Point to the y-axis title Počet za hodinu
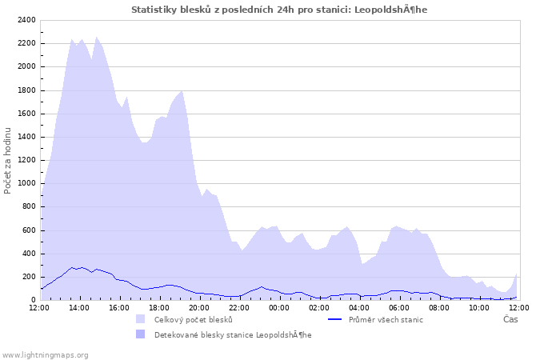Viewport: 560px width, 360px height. point(8,160)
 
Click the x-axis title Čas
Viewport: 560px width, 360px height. point(510,319)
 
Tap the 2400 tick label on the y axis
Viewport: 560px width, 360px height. point(26,20)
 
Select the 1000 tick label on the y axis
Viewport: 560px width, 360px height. point(26,183)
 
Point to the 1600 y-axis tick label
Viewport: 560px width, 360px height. point(26,114)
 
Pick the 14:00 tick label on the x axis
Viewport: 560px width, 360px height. point(79,307)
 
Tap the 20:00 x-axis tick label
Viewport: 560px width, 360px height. point(199,307)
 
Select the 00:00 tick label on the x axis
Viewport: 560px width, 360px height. point(279,307)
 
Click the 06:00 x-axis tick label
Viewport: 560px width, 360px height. point(399,307)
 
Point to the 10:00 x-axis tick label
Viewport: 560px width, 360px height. point(479,307)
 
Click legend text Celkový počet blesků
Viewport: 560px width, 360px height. point(193,320)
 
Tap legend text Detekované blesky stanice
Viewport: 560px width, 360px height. point(232,334)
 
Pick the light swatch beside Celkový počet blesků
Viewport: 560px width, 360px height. point(142,320)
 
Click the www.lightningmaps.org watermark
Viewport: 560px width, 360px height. point(45,354)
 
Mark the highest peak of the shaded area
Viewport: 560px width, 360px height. point(97,37)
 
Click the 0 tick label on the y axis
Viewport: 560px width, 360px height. point(34,300)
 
